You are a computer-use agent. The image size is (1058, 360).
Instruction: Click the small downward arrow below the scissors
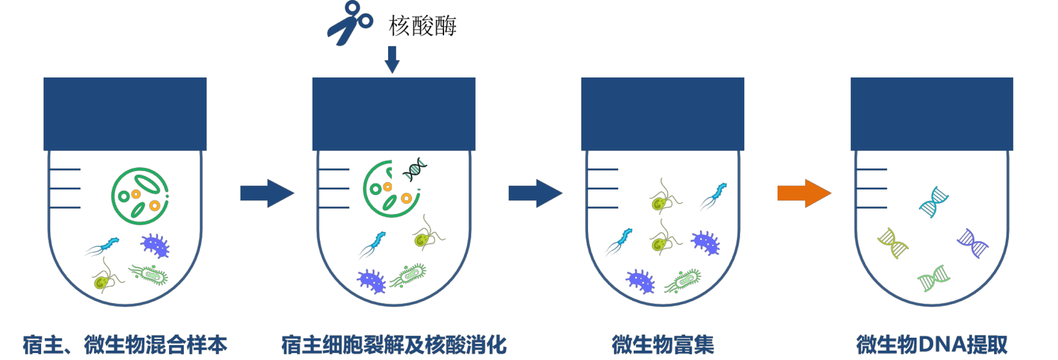click(x=392, y=60)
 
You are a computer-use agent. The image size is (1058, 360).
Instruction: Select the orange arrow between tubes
click(x=804, y=193)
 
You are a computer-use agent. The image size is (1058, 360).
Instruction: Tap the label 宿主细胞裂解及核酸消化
click(x=394, y=345)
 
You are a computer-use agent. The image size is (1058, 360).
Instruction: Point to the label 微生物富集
click(x=663, y=345)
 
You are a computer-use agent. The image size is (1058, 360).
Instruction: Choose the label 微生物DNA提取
click(x=932, y=345)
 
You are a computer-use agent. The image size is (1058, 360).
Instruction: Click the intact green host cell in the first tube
click(x=140, y=196)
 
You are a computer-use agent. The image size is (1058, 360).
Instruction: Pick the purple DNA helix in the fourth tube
click(x=972, y=243)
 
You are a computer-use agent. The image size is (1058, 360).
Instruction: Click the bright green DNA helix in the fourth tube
click(x=934, y=279)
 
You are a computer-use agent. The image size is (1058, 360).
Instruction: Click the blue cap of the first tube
click(x=125, y=114)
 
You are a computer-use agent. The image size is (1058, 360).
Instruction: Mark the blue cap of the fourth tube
click(x=932, y=114)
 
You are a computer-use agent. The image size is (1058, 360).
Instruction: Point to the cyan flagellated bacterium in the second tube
click(x=375, y=245)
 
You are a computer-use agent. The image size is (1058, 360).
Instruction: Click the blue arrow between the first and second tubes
click(x=266, y=193)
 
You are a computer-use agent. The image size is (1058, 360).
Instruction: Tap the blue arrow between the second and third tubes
click(x=535, y=193)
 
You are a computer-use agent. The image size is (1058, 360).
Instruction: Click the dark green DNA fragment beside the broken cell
click(x=415, y=170)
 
